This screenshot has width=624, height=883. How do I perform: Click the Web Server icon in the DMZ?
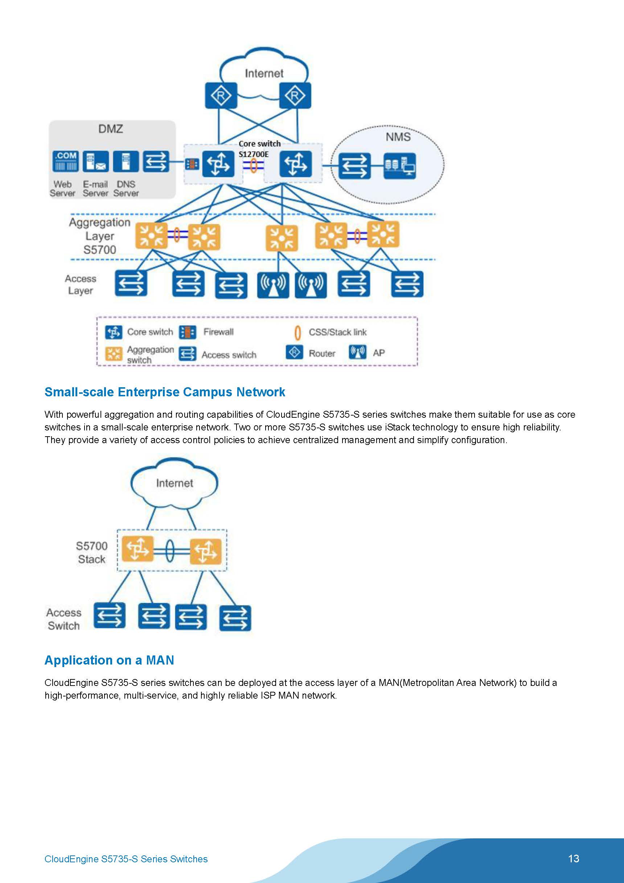pyautogui.click(x=65, y=161)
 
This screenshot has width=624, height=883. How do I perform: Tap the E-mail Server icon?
pyautogui.click(x=96, y=161)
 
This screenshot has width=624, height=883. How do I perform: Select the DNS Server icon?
pyautogui.click(x=126, y=161)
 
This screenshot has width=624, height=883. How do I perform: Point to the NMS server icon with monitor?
pyautogui.click(x=399, y=166)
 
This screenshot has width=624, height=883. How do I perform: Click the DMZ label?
pyautogui.click(x=110, y=129)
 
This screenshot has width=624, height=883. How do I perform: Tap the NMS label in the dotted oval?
pyautogui.click(x=398, y=137)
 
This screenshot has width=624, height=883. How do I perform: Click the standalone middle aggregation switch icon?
pyautogui.click(x=282, y=238)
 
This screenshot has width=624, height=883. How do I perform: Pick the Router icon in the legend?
pyautogui.click(x=294, y=352)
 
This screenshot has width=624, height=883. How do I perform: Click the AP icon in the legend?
pyautogui.click(x=357, y=352)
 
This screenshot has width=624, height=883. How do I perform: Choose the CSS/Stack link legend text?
pyautogui.click(x=337, y=332)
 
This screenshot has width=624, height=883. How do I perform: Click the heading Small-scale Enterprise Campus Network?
pyautogui.click(x=165, y=392)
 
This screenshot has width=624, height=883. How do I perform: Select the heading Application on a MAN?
pyautogui.click(x=109, y=660)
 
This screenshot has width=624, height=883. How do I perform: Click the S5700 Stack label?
pyautogui.click(x=91, y=552)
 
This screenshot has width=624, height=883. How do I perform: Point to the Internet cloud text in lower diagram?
pyautogui.click(x=174, y=483)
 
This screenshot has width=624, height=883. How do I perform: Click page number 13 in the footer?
pyautogui.click(x=573, y=858)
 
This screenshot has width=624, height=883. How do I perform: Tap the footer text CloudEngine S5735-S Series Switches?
pyautogui.click(x=126, y=859)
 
